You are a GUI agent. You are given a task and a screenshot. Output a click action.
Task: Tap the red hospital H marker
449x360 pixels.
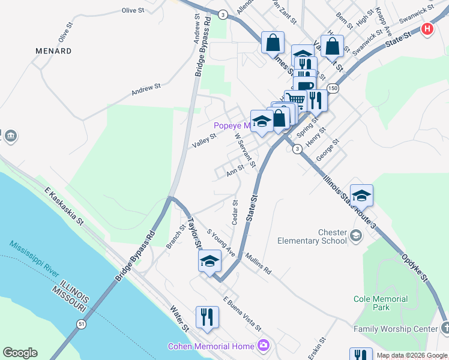427,29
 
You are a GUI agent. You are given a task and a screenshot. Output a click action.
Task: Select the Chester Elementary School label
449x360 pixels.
312,236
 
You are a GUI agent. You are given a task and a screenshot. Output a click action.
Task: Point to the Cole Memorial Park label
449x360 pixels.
381,303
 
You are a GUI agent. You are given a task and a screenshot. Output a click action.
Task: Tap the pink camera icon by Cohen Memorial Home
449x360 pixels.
262,345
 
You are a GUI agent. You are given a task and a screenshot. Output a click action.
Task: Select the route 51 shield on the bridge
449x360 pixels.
80,323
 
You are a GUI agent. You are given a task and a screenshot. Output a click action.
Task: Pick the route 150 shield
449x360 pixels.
333,88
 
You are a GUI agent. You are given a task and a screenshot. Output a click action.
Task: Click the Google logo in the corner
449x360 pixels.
20,353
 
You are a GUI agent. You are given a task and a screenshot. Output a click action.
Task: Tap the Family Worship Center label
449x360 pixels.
396,329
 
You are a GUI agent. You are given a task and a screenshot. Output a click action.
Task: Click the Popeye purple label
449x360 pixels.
232,126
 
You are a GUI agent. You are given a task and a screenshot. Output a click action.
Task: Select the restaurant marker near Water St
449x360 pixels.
207,316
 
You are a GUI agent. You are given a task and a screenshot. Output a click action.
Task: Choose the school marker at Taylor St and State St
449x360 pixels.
209,261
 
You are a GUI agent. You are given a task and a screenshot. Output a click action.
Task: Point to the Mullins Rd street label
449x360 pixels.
258,263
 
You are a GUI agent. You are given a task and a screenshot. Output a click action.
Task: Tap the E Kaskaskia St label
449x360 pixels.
63,206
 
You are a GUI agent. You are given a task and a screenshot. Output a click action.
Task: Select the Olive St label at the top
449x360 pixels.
133,10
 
